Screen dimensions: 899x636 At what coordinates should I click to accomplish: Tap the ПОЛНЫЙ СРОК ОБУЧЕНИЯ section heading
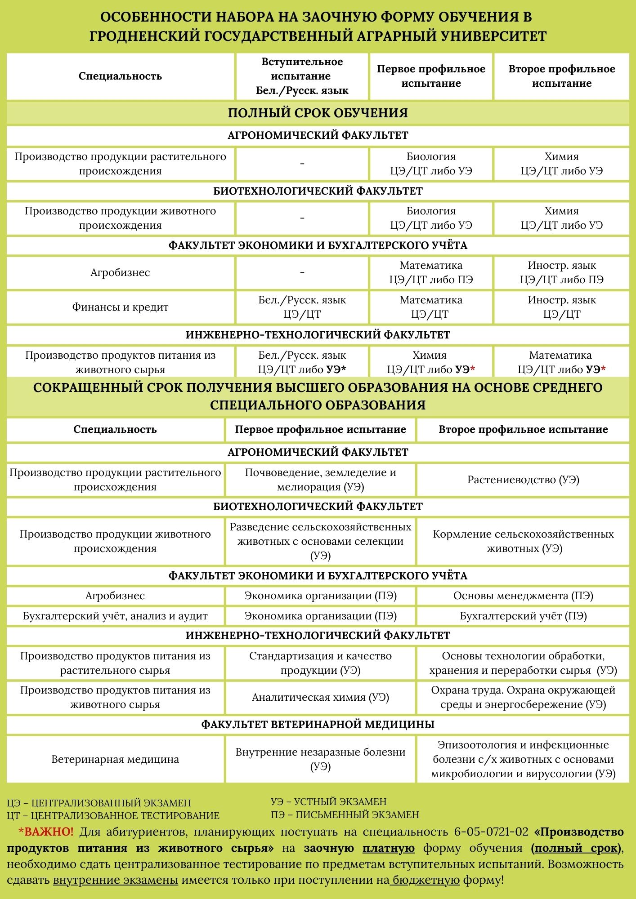coord(318,113)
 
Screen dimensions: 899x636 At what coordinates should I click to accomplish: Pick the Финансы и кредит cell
coord(120,307)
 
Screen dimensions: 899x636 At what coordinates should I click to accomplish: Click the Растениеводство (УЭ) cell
coord(523,480)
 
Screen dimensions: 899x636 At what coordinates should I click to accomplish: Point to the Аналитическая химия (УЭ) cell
coord(320,697)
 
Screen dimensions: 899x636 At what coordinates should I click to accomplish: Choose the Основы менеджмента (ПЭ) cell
coord(523,596)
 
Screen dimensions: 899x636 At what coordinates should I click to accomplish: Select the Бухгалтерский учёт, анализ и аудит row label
coord(115,616)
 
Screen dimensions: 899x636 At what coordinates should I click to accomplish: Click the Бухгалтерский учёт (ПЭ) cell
coord(523,616)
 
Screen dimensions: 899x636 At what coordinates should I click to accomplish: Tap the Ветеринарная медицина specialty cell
coord(115,759)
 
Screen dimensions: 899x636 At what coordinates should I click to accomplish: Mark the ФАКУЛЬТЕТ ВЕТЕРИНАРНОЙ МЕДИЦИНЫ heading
coord(318,724)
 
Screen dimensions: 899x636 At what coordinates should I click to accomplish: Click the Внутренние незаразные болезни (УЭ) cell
coord(320,759)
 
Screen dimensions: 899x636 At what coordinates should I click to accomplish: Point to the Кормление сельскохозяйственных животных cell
coord(523,541)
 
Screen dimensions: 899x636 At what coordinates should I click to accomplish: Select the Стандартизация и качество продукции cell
coord(320,663)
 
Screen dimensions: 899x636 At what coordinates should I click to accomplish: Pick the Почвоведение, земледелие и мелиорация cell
coord(320,480)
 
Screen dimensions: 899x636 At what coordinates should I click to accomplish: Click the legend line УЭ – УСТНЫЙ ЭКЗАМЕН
coord(328,801)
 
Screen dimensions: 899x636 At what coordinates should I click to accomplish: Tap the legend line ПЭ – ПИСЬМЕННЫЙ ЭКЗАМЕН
coord(345,814)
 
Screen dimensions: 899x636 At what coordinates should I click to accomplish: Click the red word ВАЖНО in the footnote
coord(49,832)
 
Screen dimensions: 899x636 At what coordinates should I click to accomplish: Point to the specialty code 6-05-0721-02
coord(491,832)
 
